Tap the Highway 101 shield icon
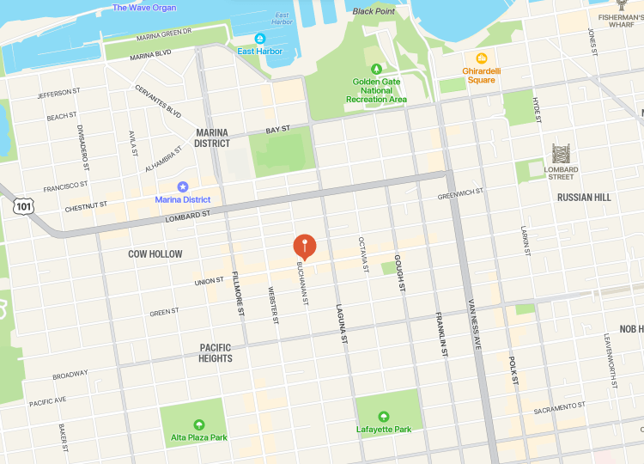(23, 206)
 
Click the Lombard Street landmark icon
(561, 155)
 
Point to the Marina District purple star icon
(182, 186)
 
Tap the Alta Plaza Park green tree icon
(199, 424)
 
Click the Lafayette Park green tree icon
(385, 417)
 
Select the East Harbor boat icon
(260, 39)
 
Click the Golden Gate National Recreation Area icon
(375, 69)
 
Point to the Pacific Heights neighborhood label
(216, 352)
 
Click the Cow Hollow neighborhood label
(155, 254)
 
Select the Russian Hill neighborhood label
(584, 197)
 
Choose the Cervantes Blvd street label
(158, 101)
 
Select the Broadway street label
(70, 375)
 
